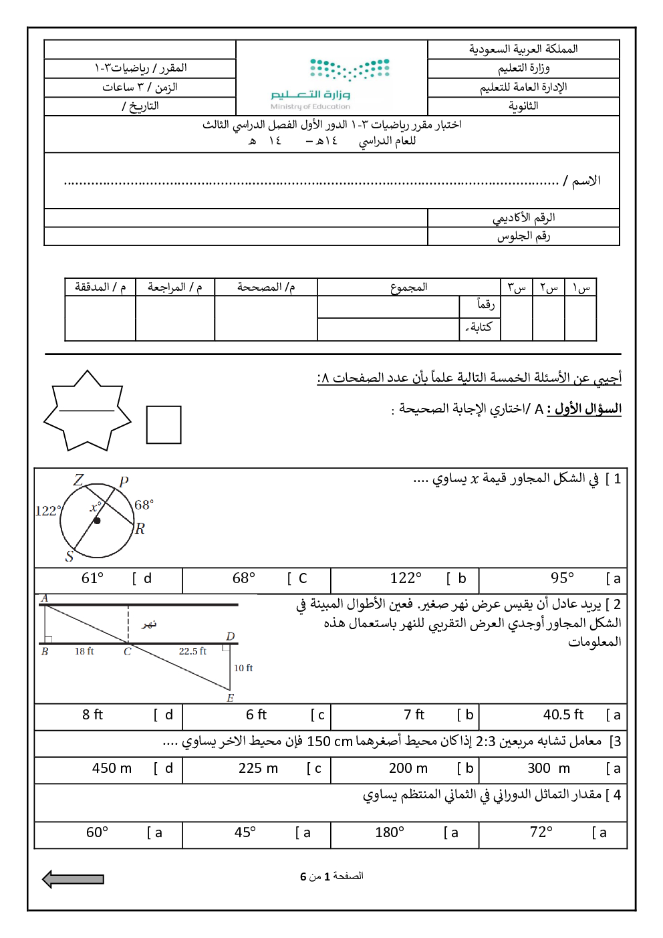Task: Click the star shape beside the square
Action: point(87,411)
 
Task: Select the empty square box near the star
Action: point(164,425)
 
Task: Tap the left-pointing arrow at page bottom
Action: point(74,879)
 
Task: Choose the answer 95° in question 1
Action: point(562,578)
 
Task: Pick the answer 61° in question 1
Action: point(92,578)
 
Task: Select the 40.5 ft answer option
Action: point(563,715)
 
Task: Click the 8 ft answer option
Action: point(92,715)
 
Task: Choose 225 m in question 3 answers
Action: point(258,768)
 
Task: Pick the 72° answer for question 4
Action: point(541,832)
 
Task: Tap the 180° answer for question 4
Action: point(389,832)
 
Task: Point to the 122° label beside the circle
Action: point(47,511)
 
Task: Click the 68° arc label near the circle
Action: point(144,505)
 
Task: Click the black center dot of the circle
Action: point(97,520)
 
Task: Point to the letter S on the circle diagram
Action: point(69,556)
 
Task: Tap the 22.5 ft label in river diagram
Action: point(192,651)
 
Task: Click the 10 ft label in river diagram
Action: point(243,668)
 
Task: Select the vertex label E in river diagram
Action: point(231,698)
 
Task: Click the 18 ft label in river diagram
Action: point(84,651)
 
